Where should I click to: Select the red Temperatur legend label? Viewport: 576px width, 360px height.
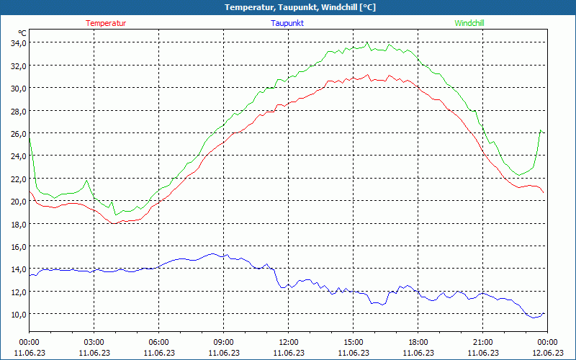[106, 23]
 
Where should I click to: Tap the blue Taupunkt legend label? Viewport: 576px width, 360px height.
[287, 23]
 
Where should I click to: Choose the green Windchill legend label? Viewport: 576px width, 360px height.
[469, 23]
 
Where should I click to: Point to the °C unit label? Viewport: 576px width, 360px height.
[22, 33]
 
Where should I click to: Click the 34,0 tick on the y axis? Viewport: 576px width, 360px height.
[18, 42]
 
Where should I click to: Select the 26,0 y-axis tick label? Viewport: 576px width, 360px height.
[18, 133]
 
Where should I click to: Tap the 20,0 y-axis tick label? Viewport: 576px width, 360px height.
[18, 201]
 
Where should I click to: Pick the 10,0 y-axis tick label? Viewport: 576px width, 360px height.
[18, 314]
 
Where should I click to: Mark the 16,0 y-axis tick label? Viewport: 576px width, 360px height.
[18, 246]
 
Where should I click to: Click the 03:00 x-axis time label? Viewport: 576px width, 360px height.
[94, 342]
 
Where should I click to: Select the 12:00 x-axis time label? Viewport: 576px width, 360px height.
[288, 342]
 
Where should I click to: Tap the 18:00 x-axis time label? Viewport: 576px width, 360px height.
[418, 342]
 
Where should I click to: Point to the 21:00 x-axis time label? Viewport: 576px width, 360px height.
[482, 342]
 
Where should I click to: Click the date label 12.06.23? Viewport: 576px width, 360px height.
[547, 353]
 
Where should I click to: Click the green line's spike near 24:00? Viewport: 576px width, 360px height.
[541, 130]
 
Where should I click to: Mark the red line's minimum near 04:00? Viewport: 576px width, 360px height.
[114, 223]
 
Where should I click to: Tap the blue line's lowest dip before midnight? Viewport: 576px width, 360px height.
[534, 318]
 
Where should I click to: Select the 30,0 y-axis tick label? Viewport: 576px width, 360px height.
[18, 88]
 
